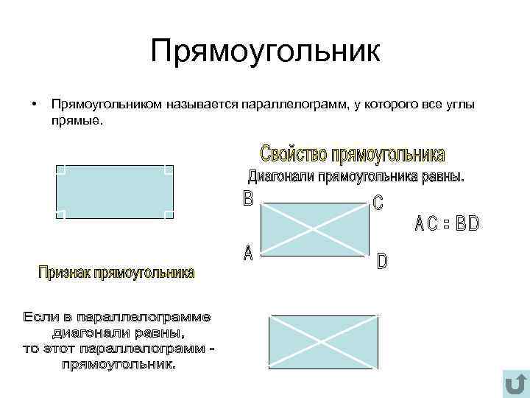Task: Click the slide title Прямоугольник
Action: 265,52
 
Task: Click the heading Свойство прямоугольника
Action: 353,154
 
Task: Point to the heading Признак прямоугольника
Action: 117,273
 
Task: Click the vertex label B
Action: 247,198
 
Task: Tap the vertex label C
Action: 378,204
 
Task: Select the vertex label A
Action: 247,254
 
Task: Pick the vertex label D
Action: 382,261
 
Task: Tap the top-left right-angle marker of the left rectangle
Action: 60,170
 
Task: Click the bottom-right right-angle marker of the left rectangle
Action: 169,214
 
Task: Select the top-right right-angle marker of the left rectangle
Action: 169,170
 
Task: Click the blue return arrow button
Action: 515,384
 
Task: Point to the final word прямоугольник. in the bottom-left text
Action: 119,364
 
